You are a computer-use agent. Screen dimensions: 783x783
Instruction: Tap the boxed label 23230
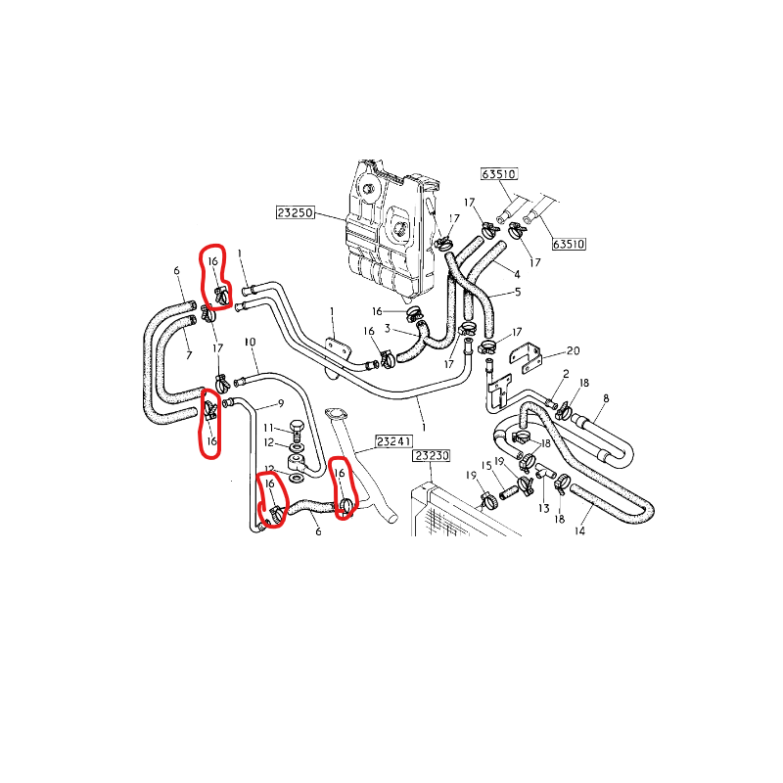click(432, 456)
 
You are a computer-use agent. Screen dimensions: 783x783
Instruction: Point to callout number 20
click(574, 350)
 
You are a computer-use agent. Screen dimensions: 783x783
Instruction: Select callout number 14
click(579, 531)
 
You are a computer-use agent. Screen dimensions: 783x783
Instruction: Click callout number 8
click(606, 398)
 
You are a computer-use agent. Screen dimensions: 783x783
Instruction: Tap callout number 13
click(542, 510)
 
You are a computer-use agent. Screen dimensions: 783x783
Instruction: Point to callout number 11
click(268, 428)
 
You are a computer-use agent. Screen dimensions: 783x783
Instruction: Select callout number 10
click(250, 343)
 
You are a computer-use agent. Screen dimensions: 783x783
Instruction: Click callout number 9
click(280, 403)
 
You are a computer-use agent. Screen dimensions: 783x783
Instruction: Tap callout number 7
click(189, 355)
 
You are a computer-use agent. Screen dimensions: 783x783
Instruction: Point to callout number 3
click(388, 328)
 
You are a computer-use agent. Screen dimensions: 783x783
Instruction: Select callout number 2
click(566, 374)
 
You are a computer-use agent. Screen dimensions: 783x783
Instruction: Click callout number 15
click(485, 466)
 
